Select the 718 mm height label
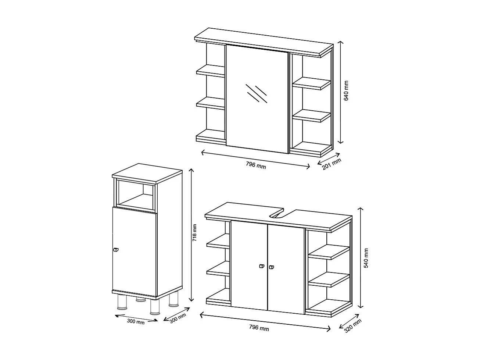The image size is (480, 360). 195,233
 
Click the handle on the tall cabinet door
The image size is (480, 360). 116,250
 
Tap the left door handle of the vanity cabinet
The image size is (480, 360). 261,267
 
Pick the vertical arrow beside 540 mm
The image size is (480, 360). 361,257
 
